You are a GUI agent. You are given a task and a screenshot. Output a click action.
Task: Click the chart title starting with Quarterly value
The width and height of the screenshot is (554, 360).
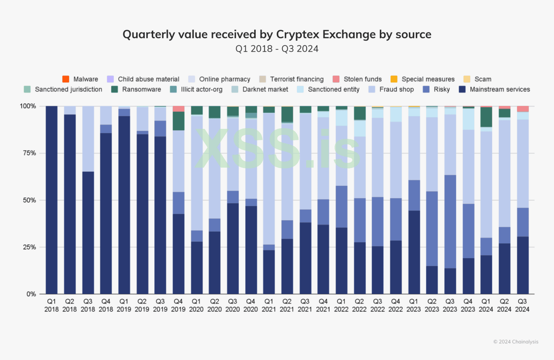point(277,34)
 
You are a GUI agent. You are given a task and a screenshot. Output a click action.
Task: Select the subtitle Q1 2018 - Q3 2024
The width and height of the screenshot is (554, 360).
point(277,49)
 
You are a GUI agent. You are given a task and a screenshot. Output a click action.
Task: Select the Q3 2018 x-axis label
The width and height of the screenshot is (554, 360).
point(88,305)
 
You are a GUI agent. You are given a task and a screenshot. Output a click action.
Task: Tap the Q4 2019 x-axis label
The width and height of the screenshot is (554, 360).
point(178,305)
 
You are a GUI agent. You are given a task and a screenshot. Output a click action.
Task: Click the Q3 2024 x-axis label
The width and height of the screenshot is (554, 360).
point(522,305)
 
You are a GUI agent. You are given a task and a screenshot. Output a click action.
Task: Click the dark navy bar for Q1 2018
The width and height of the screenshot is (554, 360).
point(52,199)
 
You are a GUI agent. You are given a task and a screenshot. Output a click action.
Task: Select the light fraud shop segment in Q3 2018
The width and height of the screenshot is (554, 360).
point(88,139)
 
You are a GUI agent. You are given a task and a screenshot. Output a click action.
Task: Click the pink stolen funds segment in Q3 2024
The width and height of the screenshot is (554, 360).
point(523,109)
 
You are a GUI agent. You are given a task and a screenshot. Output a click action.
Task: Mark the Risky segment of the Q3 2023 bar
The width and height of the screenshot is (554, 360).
point(450,222)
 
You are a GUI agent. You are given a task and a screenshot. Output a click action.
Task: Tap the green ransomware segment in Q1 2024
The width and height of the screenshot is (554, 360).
point(486,117)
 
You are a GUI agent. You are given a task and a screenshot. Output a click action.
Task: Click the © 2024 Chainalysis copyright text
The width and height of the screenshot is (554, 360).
point(516,342)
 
